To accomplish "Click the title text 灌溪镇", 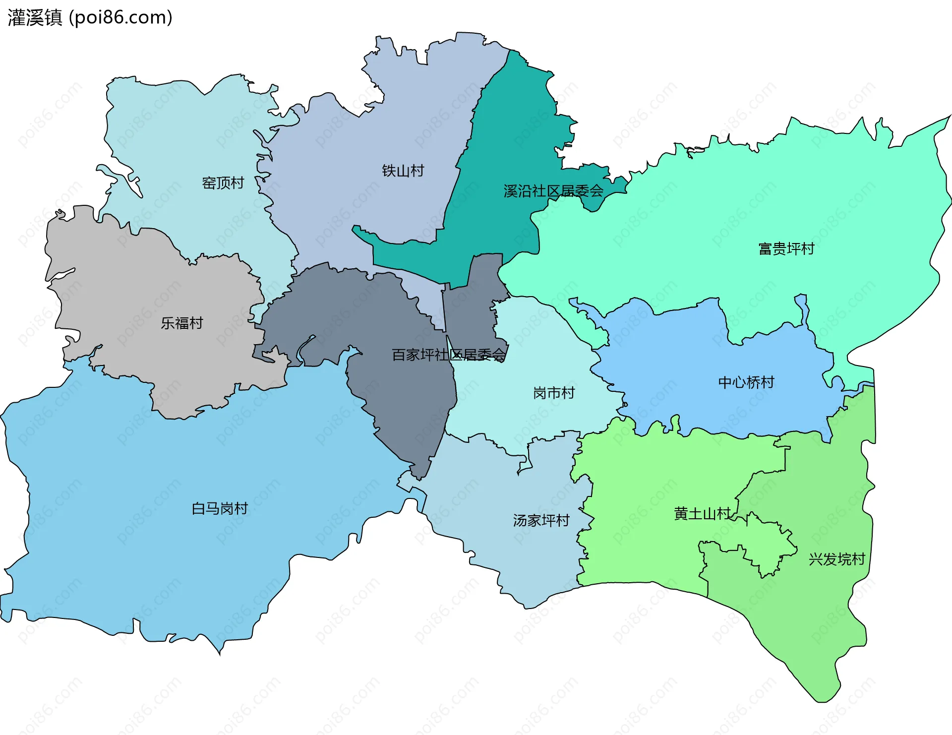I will click(35, 18).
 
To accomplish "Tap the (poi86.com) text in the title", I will click(120, 18).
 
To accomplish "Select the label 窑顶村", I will click(223, 183).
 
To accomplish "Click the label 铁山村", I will click(403, 171).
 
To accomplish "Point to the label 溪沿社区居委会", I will click(553, 191).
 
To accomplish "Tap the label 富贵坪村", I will click(786, 249).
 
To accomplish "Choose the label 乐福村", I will click(181, 323).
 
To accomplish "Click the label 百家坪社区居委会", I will click(449, 355).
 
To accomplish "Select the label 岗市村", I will click(553, 393).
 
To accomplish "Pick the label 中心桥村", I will click(746, 382).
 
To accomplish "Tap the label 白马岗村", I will click(219, 509).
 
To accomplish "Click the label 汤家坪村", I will click(541, 521).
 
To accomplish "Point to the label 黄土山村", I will click(702, 514).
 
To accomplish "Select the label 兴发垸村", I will click(836, 559).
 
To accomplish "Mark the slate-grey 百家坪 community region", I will click(407, 397).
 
